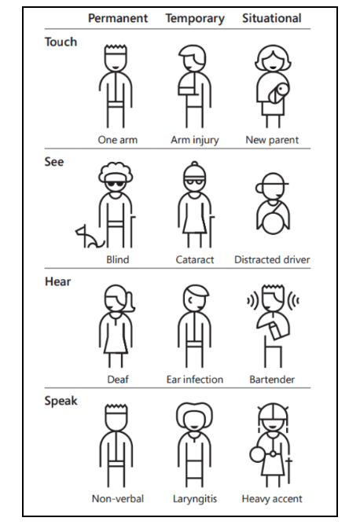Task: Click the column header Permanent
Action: pos(118,18)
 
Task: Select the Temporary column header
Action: pos(194,18)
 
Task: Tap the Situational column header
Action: pos(271,18)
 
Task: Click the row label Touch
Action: pos(61,42)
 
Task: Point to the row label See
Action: pos(54,162)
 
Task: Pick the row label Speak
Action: pos(61,401)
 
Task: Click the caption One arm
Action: pos(118,140)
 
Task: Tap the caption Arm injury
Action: pos(195,140)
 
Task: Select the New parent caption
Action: pos(272,140)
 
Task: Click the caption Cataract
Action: pos(195,259)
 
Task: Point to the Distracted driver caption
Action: pos(272,259)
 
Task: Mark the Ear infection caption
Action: pos(195,380)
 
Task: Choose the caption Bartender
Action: pos(272,380)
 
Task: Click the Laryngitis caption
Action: pos(195,499)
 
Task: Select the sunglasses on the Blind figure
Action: pos(117,182)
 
